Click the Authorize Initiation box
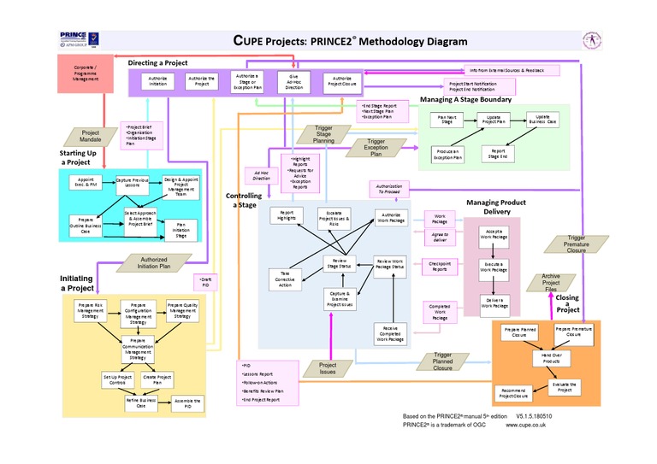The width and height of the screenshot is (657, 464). pos(158,82)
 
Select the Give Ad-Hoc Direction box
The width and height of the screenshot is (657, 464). pos(293,82)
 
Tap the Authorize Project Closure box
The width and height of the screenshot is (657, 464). pos(340,82)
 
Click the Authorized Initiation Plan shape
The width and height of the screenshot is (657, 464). pos(154,262)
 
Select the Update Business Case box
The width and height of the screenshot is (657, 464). pos(542,120)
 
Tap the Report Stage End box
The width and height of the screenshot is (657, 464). pos(497,153)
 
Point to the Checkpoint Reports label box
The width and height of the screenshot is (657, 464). pos(440,267)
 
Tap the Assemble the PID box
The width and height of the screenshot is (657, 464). pos(187,402)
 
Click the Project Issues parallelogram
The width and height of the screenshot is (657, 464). pos(328,368)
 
